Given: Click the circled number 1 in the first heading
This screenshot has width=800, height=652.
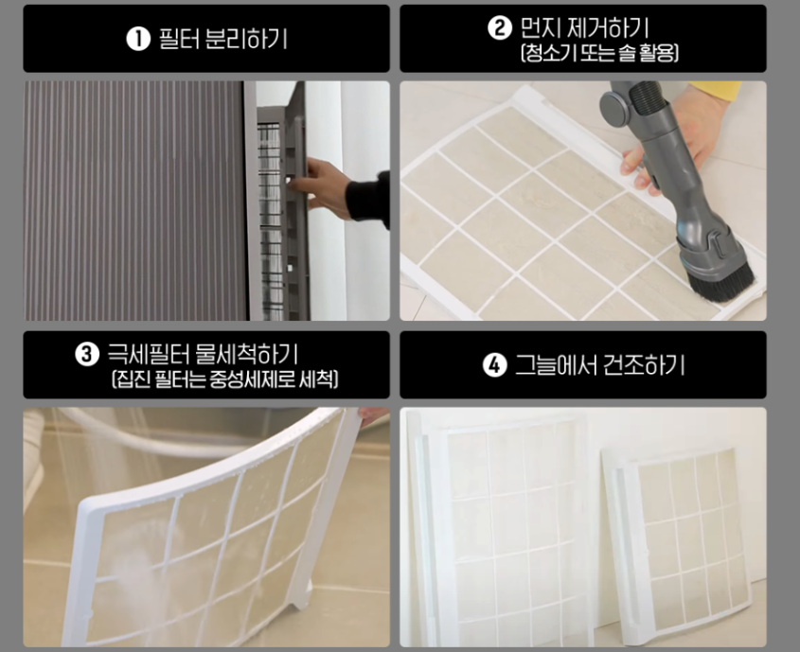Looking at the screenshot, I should (x=138, y=39).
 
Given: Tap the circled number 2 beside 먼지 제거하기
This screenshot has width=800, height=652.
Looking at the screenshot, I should (x=499, y=28).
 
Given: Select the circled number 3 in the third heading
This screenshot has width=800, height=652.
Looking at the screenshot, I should (x=86, y=355).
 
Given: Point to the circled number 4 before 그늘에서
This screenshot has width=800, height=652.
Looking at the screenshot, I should (x=495, y=365).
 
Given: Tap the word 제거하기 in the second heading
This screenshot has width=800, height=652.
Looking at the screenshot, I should (x=610, y=28).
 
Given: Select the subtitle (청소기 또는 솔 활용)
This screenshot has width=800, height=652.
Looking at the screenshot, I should (x=598, y=53).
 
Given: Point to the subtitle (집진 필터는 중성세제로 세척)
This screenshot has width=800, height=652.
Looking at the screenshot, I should (x=224, y=380).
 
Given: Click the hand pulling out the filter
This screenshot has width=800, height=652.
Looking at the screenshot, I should (x=327, y=186).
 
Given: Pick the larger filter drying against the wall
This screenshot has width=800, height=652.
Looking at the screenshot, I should (x=502, y=525).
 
